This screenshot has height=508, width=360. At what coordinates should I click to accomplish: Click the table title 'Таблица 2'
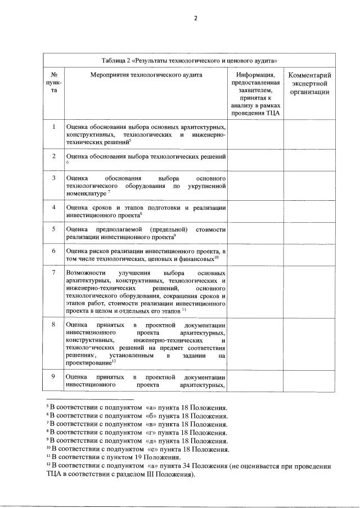pos(190,60)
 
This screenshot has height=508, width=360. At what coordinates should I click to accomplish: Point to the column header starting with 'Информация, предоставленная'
pos(256,93)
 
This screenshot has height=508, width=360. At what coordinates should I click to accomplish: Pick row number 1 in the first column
pos(54,127)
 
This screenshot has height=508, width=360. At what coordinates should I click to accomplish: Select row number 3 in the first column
pos(54,178)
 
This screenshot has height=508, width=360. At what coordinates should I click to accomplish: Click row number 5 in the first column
pos(54,229)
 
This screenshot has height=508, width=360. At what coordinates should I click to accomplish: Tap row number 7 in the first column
pos(54,272)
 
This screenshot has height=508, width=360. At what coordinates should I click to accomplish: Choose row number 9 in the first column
pos(54,376)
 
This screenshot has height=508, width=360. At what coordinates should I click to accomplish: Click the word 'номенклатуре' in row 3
pos(85,193)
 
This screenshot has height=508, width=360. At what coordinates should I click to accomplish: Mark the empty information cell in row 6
pos(256,255)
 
